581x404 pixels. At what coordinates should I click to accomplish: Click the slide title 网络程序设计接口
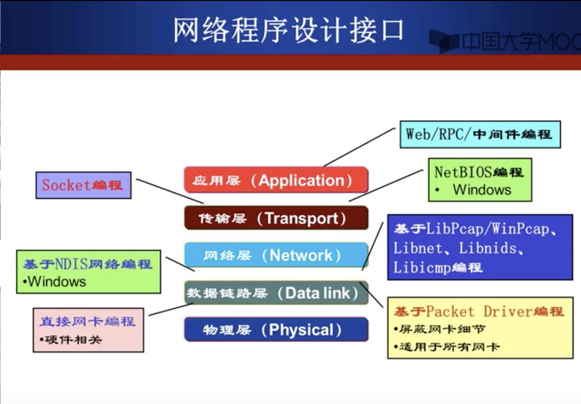coord(289,31)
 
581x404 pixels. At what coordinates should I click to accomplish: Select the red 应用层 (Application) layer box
coord(276,180)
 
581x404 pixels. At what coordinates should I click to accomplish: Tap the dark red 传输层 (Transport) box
coord(276,218)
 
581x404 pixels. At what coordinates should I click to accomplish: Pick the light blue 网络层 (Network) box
coord(276,255)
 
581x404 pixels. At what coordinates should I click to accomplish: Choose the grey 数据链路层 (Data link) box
coord(276,293)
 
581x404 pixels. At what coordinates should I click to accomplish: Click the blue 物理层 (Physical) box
coord(276,330)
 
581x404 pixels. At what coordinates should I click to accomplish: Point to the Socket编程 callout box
coord(83,185)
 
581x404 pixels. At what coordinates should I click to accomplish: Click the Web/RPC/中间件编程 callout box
coord(480,134)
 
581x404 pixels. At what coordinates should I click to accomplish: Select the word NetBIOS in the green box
coord(463,172)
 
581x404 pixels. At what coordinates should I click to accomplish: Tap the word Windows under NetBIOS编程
coord(482,190)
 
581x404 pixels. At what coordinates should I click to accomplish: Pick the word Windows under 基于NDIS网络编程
coord(57,282)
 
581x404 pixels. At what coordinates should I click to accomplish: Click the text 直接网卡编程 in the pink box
coord(87,322)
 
